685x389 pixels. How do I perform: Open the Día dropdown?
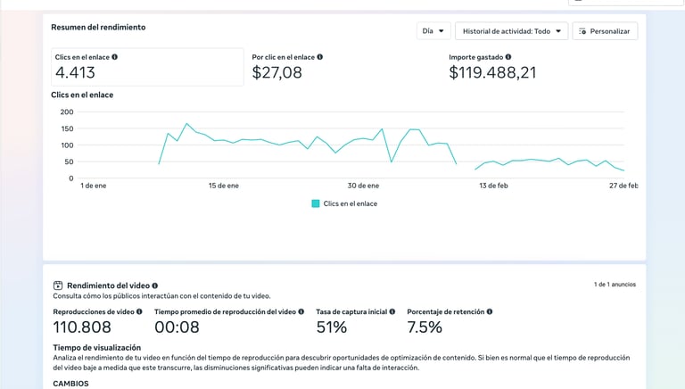(433, 31)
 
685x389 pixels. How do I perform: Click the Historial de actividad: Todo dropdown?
(511, 31)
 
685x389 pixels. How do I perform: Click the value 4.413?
(75, 73)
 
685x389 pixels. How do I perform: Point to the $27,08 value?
(277, 73)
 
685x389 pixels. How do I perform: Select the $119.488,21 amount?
(492, 73)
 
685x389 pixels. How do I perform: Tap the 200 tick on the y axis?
(67, 112)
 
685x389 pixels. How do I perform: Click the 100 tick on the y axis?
(67, 145)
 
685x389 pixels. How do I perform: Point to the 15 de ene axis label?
(224, 186)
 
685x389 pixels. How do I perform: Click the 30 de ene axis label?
(364, 186)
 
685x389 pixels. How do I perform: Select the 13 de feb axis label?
(493, 186)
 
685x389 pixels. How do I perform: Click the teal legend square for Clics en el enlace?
(316, 203)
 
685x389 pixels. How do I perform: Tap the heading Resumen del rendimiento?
(98, 28)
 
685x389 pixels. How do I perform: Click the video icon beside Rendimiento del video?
(58, 286)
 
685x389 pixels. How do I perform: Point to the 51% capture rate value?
(332, 327)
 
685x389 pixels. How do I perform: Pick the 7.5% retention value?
(425, 327)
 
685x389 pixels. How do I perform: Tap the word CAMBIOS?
(71, 383)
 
